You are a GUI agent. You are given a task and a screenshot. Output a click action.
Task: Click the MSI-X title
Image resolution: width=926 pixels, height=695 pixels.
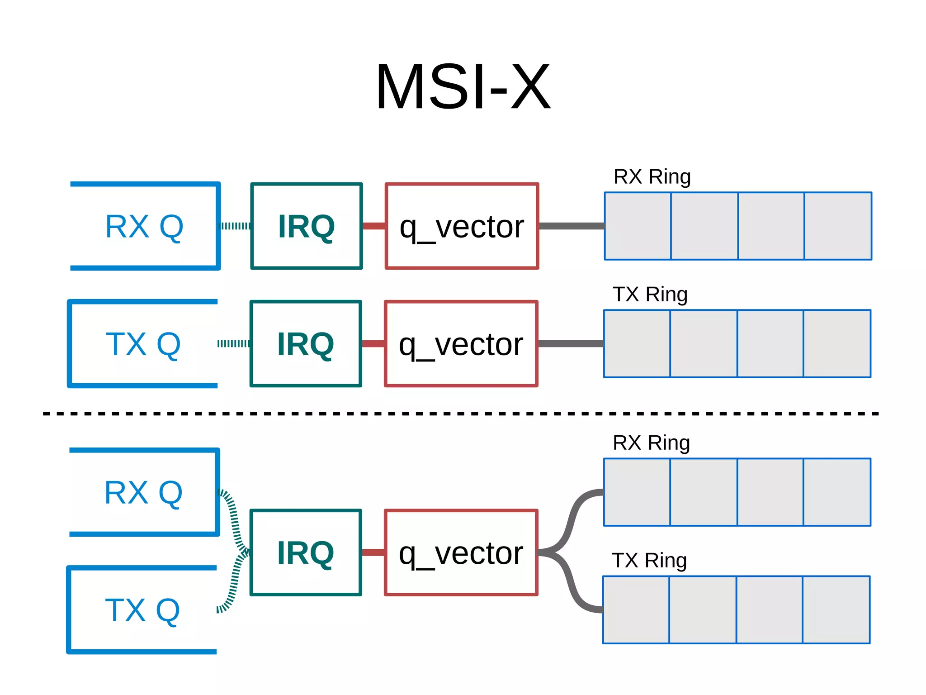coord(463,87)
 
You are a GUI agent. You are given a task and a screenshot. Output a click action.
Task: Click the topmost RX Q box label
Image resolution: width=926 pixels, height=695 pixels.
coord(144,226)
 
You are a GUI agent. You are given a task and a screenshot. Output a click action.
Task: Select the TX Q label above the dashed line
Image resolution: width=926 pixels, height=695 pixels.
coord(143,344)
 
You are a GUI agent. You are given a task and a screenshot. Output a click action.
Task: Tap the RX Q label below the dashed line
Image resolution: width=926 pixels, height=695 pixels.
coord(143,492)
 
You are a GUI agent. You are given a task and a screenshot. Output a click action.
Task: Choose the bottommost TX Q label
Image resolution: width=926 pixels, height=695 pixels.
coord(142,610)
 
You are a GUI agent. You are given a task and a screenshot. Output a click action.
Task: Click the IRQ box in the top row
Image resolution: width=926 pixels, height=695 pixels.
coord(307,226)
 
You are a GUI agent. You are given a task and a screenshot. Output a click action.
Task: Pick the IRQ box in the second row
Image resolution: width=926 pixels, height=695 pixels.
coord(306,344)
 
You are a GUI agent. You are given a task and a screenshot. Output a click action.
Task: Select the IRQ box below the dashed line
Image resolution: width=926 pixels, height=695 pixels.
coord(306,552)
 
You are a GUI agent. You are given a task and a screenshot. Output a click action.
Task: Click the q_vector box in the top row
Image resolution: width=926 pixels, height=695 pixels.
coord(462,226)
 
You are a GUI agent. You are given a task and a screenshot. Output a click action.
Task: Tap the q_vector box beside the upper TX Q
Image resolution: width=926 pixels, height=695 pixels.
coord(461,344)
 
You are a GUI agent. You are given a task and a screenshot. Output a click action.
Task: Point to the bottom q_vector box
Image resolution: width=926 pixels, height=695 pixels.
coord(461,552)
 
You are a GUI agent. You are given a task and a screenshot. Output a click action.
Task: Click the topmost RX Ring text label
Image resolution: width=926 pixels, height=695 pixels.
coord(652,176)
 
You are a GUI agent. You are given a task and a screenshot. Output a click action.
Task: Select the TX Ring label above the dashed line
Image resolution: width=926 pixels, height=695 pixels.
coord(650,294)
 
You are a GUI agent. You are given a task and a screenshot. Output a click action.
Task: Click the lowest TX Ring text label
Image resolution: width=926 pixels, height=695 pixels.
coord(649,560)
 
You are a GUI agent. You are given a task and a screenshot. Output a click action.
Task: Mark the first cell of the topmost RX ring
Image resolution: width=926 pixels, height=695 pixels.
coord(638,226)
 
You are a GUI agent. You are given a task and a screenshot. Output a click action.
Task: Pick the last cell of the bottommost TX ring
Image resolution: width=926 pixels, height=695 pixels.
coord(836,610)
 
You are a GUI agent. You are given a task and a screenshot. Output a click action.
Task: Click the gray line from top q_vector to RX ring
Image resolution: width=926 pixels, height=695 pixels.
coord(572,226)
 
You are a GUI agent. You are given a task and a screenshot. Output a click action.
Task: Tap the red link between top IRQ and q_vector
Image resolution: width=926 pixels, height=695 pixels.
coord(374,226)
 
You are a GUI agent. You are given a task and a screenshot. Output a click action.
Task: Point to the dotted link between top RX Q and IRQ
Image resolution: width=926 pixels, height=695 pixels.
coord(235,226)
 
